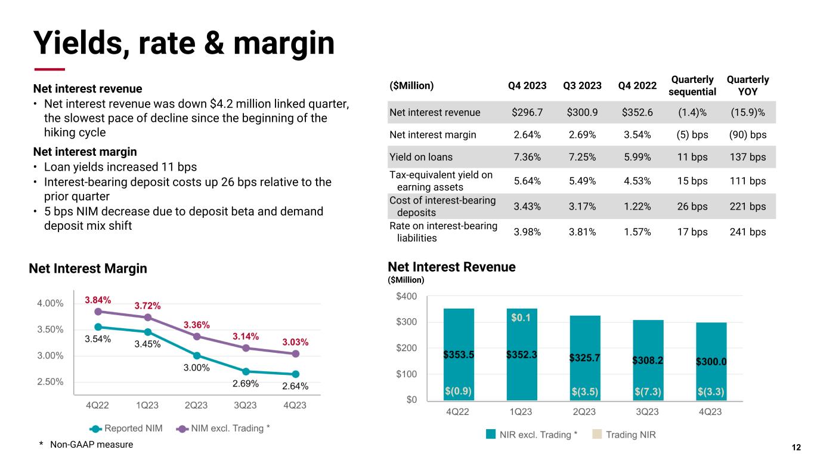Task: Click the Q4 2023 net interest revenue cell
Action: click(527, 112)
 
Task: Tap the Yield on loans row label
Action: click(421, 157)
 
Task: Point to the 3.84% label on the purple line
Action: click(98, 300)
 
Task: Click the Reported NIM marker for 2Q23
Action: click(197, 355)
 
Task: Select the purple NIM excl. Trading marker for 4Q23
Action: click(295, 354)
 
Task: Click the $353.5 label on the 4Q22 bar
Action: click(459, 354)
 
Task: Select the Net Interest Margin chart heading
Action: click(88, 269)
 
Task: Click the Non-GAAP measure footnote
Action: click(86, 445)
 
